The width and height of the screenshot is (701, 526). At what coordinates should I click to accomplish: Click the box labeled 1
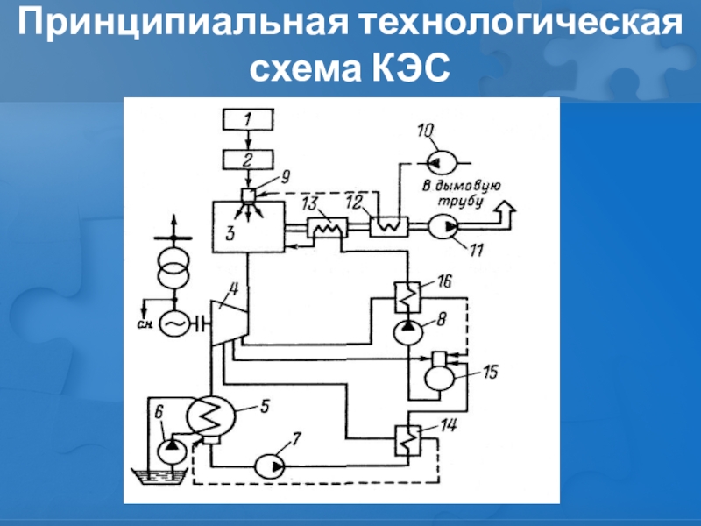[248, 117]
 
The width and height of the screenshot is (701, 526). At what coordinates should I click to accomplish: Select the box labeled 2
[248, 159]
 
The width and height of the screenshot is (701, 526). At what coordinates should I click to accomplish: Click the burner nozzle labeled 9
[249, 195]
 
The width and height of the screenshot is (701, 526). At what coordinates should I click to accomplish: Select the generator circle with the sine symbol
[172, 323]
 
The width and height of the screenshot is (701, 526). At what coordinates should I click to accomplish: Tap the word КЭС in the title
[406, 67]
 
